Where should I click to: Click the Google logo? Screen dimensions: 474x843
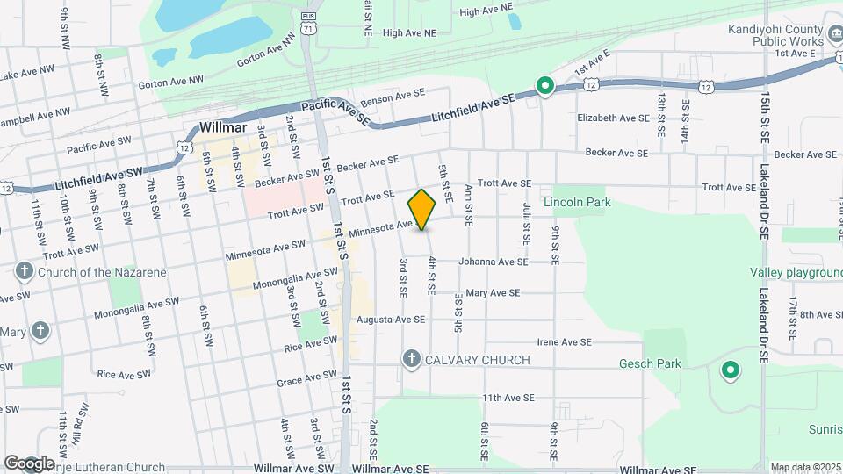click(x=28, y=463)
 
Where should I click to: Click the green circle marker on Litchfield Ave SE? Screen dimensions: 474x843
click(x=544, y=86)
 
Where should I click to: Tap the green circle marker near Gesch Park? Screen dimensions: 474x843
click(x=730, y=370)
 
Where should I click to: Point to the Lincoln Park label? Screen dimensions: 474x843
click(x=577, y=202)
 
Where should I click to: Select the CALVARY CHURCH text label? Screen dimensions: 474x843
click(x=478, y=360)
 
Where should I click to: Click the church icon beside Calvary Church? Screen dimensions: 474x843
click(x=410, y=359)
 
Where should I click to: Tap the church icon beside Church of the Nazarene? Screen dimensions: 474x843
click(x=25, y=272)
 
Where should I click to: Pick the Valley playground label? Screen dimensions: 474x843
click(x=796, y=273)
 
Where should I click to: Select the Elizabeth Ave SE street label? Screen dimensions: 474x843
click(x=612, y=118)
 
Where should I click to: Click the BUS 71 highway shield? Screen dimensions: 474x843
click(x=307, y=24)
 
